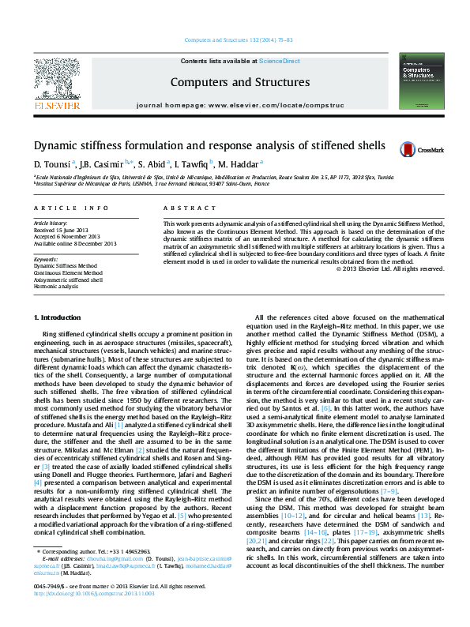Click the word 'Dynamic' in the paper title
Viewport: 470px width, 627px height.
[x=54, y=145]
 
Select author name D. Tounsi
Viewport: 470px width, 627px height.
[x=51, y=164]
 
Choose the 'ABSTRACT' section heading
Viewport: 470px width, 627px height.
[x=184, y=208]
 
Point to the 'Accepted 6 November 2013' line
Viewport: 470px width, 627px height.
[x=67, y=236]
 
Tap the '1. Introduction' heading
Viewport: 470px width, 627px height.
[x=58, y=317]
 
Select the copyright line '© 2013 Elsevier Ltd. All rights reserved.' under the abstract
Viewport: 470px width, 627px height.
[x=390, y=268]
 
